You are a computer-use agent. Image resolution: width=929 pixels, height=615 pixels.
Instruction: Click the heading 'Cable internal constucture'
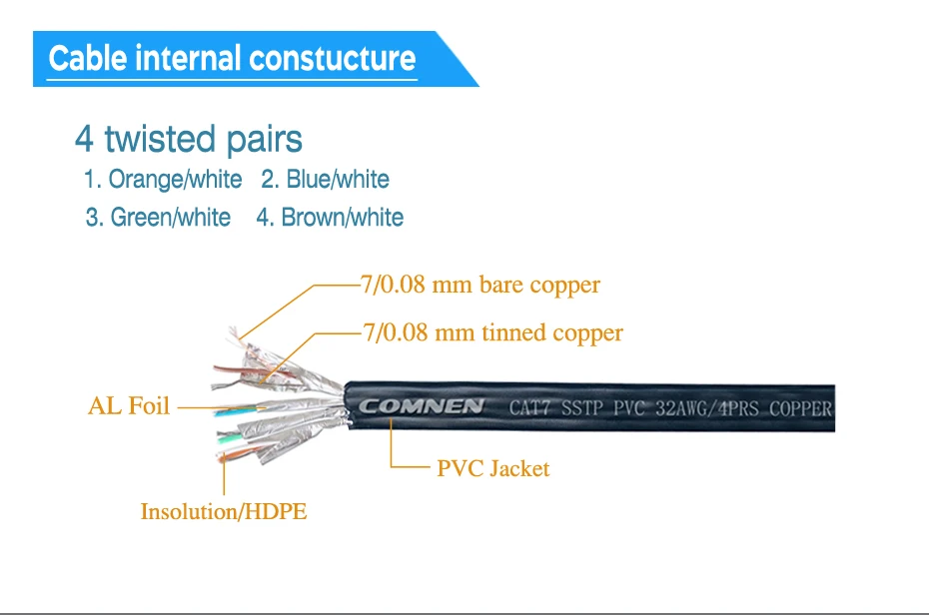[232, 58]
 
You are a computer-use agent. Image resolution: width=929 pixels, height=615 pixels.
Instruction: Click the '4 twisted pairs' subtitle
[189, 139]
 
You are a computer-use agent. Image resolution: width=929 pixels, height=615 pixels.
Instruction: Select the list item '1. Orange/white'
[163, 180]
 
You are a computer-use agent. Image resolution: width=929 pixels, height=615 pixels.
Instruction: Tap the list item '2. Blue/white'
[325, 180]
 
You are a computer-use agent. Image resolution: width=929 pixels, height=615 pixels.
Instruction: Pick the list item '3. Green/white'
[158, 218]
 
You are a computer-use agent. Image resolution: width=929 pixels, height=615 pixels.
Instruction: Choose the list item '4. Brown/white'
[330, 218]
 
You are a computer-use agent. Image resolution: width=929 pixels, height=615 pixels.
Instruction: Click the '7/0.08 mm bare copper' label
[479, 285]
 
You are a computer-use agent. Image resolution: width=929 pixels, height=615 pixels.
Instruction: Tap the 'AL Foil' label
[129, 406]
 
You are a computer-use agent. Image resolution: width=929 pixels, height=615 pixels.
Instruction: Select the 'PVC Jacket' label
[493, 468]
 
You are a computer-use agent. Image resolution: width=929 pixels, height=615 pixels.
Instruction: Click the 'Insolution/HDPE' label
[224, 512]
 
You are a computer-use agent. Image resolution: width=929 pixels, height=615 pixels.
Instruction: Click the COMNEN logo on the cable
[422, 406]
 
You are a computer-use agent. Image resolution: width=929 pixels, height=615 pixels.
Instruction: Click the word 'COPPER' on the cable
[800, 407]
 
